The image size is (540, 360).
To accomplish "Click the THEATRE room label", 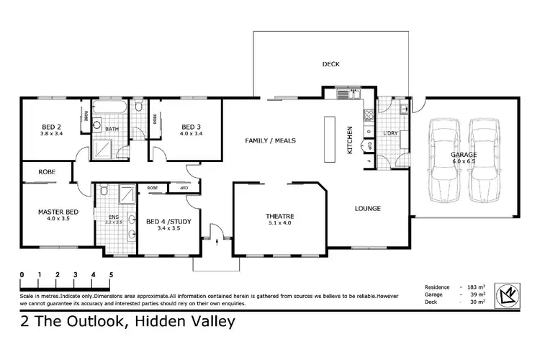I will tap(279, 216).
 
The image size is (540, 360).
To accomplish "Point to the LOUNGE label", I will tap(367, 209).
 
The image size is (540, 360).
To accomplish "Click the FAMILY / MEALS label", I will tap(270, 140).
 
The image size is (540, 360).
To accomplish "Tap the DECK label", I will tap(330, 64).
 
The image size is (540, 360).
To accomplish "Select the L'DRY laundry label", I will tap(391, 135).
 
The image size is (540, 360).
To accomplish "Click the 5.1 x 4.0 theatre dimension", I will tap(279, 223).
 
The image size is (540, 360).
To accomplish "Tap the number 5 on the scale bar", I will tap(111, 274).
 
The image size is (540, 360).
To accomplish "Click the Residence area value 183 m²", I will tap(478, 287).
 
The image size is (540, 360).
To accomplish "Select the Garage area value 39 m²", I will tap(478, 294).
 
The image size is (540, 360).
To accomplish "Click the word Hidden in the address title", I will tap(153, 322).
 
